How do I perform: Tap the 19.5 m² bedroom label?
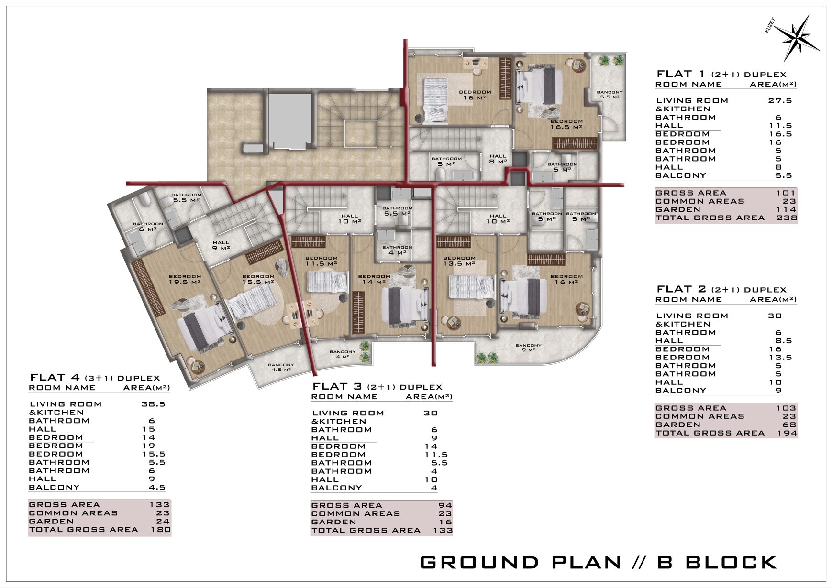coord(185,279)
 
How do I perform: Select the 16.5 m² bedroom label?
coord(566,124)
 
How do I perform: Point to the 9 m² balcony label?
coord(528,348)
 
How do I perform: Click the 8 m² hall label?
coord(498,159)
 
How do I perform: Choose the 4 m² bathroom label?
coord(397,250)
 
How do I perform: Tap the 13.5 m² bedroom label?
coord(459,261)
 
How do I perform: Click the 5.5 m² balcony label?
coord(610,94)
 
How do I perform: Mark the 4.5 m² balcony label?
coord(281,367)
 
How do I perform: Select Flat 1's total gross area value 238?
coord(787,218)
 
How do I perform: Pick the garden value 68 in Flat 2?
coord(789,425)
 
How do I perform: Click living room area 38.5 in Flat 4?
coord(153,404)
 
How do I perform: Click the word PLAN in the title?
coord(587,562)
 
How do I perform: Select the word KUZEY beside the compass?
coord(770,25)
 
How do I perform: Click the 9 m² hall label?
coord(221,245)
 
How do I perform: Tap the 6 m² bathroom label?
coord(148,227)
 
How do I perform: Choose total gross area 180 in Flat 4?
coord(161,530)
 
